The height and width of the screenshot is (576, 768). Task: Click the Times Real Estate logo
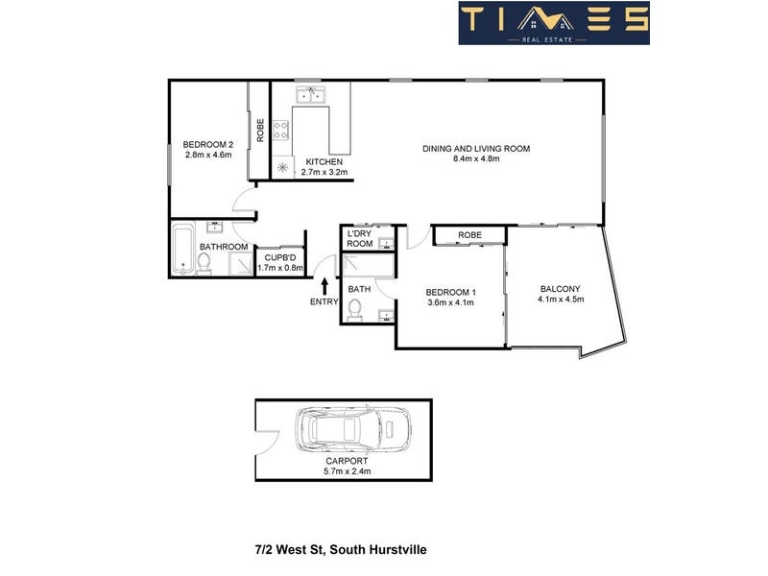click(x=554, y=23)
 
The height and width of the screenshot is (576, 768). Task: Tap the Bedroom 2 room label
click(x=208, y=145)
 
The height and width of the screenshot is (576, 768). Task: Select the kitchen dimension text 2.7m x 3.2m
click(x=324, y=172)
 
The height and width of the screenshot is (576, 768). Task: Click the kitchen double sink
click(x=310, y=94)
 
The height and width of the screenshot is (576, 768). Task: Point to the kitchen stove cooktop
click(x=280, y=130)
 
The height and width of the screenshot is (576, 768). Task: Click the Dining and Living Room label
click(x=476, y=149)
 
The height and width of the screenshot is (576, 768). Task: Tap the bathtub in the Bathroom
click(x=183, y=249)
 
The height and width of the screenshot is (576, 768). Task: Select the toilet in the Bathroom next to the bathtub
click(x=204, y=263)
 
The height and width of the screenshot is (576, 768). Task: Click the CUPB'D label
click(x=280, y=257)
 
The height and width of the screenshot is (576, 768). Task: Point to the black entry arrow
click(x=324, y=286)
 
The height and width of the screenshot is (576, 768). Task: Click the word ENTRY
click(x=324, y=301)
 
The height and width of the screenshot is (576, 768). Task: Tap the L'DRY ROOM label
click(x=359, y=238)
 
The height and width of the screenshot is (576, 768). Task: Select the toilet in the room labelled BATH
click(x=354, y=310)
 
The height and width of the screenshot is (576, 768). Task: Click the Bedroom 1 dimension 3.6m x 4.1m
click(x=450, y=302)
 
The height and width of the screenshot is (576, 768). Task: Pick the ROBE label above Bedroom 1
click(x=469, y=235)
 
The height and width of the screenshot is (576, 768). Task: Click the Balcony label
click(x=560, y=289)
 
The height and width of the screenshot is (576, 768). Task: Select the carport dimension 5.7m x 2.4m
click(x=347, y=471)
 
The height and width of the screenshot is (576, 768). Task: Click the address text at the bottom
click(x=341, y=549)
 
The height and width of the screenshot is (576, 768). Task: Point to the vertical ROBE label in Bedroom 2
click(x=260, y=131)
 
